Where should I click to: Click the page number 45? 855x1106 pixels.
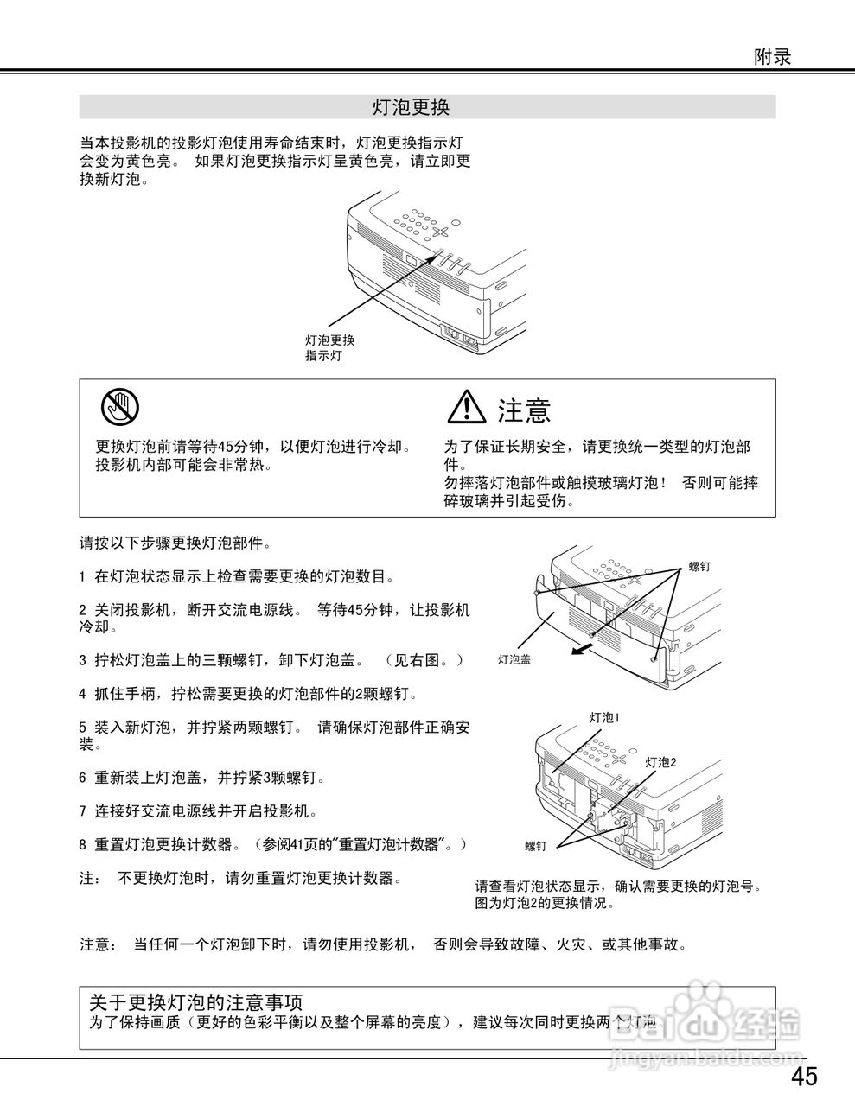pos(803,1077)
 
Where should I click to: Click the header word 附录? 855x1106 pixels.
pos(772,57)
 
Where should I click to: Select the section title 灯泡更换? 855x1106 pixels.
pos(411,107)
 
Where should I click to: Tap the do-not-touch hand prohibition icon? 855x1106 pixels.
pos(119,406)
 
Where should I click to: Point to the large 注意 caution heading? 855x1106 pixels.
pos(524,410)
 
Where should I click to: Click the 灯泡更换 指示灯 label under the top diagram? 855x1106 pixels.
pos(329,348)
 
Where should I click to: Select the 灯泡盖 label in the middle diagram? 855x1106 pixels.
pos(514,659)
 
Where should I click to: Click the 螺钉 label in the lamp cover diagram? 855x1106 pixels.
pos(699,567)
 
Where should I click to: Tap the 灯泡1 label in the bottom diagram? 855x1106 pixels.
pos(604,717)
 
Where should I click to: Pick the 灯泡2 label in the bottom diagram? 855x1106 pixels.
pos(660,762)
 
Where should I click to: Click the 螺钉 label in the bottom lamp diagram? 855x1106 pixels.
pos(535,847)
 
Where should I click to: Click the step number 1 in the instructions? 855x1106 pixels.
pos(82,576)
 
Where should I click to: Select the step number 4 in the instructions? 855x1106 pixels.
pos(82,694)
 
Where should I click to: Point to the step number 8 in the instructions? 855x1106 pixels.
pos(82,844)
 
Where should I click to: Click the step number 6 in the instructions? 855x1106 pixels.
pos(82,778)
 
